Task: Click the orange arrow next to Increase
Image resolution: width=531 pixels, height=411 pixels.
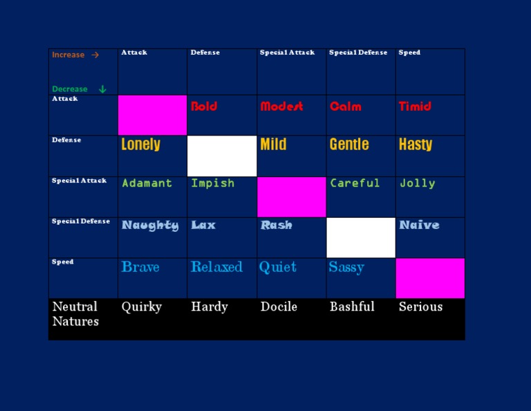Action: point(95,55)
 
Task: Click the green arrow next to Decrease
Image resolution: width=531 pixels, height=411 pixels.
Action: point(102,89)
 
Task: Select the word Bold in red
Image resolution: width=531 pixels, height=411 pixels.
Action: point(204,107)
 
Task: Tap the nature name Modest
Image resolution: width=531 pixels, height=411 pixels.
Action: point(282,107)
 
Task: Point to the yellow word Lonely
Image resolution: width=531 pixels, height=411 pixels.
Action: point(141,145)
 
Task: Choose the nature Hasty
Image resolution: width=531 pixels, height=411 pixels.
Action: point(416,145)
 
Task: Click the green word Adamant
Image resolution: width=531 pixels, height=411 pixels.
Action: point(147,183)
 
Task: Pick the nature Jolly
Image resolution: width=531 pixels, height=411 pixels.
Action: point(417,183)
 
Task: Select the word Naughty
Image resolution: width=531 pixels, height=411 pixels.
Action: point(150,226)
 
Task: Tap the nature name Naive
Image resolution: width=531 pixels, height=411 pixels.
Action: point(419,225)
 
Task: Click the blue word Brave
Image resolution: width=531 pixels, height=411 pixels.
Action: point(140,266)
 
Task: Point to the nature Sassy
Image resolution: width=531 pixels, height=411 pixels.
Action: point(346,267)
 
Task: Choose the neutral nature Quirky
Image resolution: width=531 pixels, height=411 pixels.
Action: point(142,307)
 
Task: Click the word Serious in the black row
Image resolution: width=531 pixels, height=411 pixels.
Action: point(420,307)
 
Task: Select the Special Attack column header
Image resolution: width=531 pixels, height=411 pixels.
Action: point(287,53)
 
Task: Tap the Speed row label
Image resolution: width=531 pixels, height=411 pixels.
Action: point(63,262)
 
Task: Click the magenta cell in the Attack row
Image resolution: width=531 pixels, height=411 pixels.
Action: point(152,115)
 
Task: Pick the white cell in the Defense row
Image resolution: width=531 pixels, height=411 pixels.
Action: point(222,156)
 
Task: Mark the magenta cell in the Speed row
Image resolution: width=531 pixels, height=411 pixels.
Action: point(430,278)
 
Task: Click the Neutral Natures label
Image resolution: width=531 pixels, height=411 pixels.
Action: point(75,313)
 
